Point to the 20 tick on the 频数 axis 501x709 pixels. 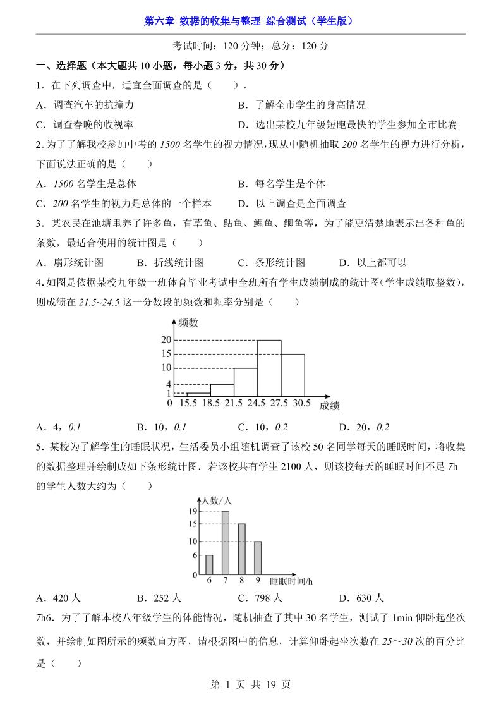[x=166, y=340]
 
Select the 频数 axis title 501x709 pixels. [x=188, y=323]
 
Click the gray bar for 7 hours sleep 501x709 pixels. [x=225, y=543]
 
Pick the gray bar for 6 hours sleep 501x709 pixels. [x=209, y=564]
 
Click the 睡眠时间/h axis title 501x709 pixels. [x=291, y=580]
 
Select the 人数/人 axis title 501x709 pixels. [x=219, y=500]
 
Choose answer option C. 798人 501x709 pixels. [x=260, y=598]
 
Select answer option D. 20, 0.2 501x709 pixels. [x=364, y=426]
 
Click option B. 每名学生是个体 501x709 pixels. [x=282, y=184]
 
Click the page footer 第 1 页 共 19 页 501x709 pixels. [x=250, y=684]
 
